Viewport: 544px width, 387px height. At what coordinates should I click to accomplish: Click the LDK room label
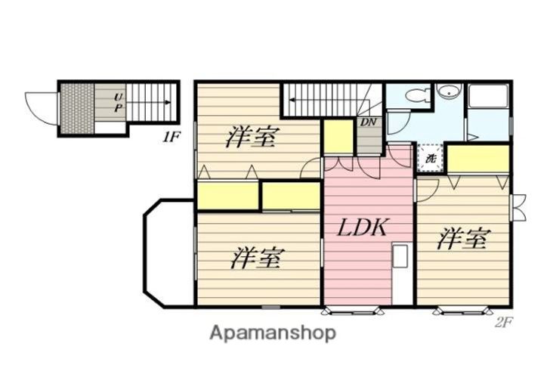point(361,228)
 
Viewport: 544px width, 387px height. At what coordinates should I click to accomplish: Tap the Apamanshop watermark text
point(273,333)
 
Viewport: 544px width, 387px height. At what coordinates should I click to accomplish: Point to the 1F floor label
point(170,138)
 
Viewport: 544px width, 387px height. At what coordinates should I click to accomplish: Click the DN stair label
point(369,122)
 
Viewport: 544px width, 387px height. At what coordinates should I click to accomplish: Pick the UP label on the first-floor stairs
point(119,103)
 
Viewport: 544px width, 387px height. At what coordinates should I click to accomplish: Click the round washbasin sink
point(449,92)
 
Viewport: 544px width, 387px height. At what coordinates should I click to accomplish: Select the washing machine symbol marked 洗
point(431,159)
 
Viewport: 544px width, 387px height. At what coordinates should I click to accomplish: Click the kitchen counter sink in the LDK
point(400,255)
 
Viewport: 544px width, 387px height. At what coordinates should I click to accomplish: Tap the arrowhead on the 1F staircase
point(168,102)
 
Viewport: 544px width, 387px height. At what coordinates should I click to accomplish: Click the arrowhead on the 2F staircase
point(292,101)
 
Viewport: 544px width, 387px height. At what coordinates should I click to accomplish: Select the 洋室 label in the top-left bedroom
point(252,138)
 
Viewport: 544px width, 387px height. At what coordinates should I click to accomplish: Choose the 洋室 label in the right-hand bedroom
point(464,239)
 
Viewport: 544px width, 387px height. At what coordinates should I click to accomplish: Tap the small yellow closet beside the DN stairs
point(338,136)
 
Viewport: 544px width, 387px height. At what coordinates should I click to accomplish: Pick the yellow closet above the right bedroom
point(478,159)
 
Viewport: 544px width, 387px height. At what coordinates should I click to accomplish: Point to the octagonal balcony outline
point(144,253)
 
